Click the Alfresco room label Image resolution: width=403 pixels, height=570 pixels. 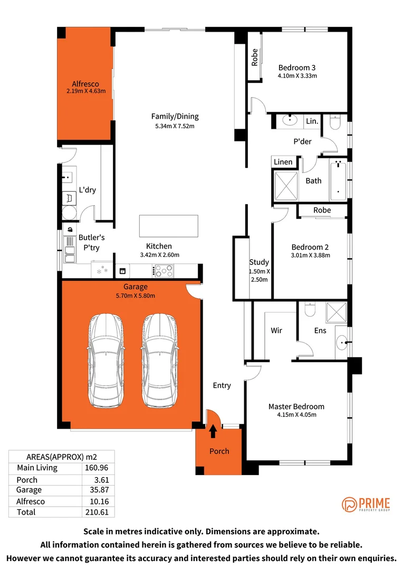(85, 84)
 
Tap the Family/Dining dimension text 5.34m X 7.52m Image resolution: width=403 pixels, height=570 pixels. (175, 126)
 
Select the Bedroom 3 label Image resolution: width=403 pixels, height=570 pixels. (297, 68)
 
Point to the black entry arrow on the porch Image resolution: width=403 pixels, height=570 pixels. (213, 432)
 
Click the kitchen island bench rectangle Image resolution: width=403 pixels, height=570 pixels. (168, 226)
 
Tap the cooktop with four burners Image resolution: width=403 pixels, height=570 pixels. (163, 271)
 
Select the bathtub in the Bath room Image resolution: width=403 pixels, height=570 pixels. (338, 180)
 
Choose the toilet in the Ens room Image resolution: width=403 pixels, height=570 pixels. (310, 309)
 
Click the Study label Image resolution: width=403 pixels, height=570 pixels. (259, 262)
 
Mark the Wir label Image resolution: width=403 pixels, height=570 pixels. (276, 330)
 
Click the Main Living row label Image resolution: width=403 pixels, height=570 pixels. (37, 468)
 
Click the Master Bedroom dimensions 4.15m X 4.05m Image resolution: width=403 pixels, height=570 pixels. (296, 415)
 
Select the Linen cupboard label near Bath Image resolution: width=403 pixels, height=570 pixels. (283, 162)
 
